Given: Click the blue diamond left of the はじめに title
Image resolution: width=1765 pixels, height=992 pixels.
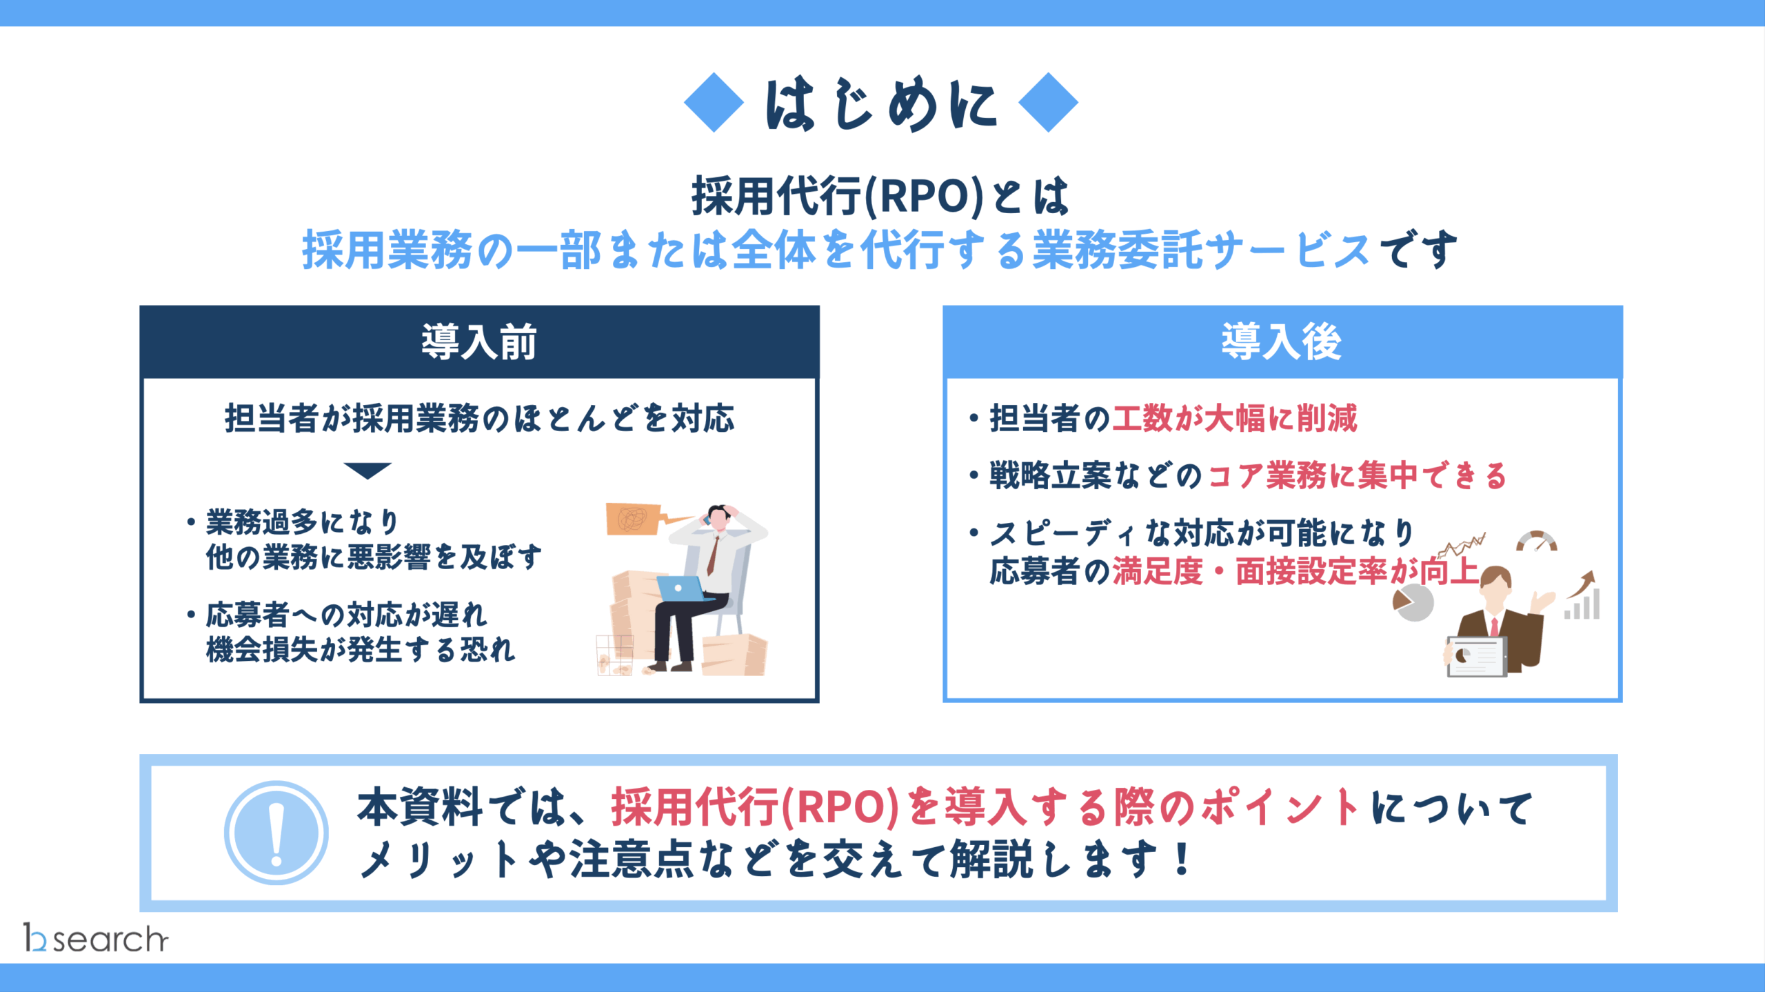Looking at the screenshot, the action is (714, 102).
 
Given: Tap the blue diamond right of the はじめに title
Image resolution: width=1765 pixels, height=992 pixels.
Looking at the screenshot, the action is (1048, 102).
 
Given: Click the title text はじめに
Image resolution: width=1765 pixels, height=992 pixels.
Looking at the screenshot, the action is (880, 103).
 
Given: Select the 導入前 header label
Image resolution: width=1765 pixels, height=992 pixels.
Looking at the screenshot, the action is (479, 341).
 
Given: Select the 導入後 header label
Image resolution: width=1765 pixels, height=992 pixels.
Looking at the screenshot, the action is (1282, 341).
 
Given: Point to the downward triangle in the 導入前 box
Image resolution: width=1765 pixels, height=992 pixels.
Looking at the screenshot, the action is (367, 470).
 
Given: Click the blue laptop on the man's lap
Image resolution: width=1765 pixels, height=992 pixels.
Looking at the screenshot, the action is (681, 588).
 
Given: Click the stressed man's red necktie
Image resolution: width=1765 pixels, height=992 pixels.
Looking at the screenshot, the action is (713, 555).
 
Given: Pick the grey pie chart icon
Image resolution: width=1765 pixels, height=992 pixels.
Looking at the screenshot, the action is (1413, 602).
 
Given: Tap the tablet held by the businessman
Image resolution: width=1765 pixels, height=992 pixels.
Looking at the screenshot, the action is (1476, 657).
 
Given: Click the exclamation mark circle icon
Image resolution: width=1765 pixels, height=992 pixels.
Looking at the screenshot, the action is (276, 833).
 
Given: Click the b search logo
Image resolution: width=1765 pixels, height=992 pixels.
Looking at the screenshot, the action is (96, 938).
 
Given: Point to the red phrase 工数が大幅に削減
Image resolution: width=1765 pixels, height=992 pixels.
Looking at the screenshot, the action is (1235, 418).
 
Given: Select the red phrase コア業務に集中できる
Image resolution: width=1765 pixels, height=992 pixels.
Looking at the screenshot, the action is (1358, 476).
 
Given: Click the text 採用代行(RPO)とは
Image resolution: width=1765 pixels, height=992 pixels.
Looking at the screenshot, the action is (880, 196).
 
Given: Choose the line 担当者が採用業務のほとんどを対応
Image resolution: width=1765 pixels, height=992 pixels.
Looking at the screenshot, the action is (480, 419).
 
